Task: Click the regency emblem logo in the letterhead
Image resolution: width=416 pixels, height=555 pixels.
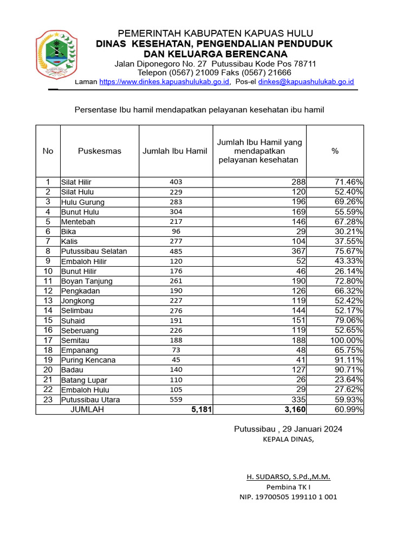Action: coord(56,54)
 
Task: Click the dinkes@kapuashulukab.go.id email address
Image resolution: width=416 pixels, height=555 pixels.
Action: coord(306,82)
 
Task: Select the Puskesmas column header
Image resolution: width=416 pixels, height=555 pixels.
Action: coord(100,151)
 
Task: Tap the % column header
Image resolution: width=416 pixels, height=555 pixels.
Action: coord(335,151)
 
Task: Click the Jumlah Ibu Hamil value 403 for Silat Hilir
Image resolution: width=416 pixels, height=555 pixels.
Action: coord(176,182)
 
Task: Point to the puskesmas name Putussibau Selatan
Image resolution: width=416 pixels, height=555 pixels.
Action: coord(94,251)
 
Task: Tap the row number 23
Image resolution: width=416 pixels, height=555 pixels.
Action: coord(48,399)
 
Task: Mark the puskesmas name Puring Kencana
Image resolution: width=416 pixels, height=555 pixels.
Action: coord(88,360)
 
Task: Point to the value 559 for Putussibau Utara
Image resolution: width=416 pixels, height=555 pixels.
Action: coord(176,400)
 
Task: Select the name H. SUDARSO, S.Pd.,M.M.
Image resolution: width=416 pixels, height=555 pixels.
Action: coord(288,477)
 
